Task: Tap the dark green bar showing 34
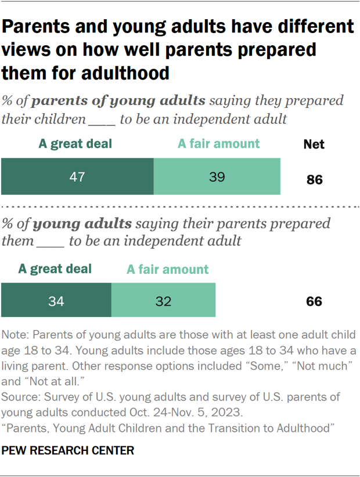click(56, 300)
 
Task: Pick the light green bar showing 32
click(163, 300)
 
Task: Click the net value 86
click(314, 180)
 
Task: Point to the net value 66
click(314, 302)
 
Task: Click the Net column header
click(314, 144)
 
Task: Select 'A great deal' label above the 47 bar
click(75, 143)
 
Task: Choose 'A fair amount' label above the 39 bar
click(218, 143)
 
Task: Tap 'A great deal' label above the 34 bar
click(55, 269)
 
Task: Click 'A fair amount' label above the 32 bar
click(167, 269)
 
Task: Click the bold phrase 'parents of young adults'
click(118, 100)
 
